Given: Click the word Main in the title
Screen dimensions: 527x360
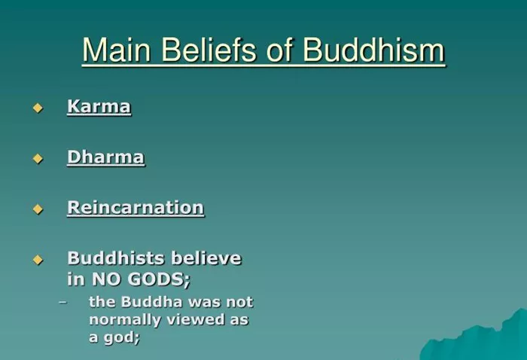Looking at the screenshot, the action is (116, 50).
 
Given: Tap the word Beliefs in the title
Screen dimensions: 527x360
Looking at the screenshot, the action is (210, 50).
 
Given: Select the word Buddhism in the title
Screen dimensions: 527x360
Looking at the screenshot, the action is (373, 50).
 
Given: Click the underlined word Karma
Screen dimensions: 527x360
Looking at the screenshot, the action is (99, 106).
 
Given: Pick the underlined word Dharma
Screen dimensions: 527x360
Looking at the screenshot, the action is (106, 157).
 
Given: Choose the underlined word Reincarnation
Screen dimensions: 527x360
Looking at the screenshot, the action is (136, 207).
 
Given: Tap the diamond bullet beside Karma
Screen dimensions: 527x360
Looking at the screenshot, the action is (38, 108).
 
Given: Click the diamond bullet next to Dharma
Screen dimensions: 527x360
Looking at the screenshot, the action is (38, 158).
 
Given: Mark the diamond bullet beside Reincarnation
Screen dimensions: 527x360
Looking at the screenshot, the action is (38, 209).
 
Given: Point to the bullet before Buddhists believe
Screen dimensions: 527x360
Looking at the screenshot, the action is (38, 260).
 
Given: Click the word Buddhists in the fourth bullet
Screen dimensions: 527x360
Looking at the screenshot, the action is (116, 258).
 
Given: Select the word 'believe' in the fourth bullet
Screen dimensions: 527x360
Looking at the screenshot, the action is (206, 258).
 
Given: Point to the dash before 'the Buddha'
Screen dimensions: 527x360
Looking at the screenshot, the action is (62, 302).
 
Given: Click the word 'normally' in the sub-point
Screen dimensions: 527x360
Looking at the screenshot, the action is (125, 319).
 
